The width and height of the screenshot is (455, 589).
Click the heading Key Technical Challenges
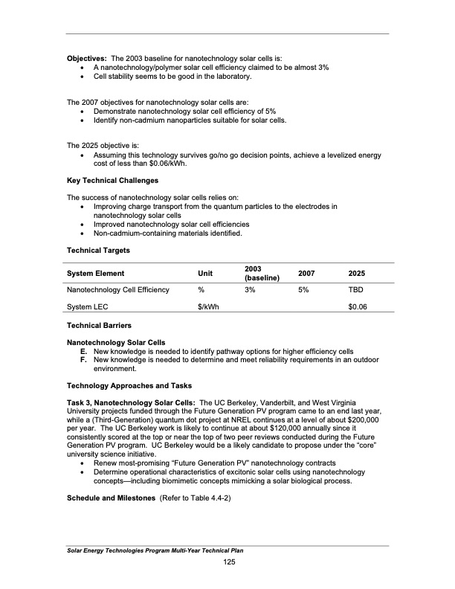(112, 181)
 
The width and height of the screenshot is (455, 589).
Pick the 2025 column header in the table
(358, 274)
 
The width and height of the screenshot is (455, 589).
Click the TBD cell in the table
(356, 289)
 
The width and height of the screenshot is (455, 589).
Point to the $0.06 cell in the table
(358, 307)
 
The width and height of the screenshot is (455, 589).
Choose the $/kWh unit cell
(208, 307)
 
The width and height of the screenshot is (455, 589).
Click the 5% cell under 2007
(303, 289)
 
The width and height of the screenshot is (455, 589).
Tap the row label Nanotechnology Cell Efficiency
(118, 289)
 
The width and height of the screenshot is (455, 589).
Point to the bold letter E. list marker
(84, 351)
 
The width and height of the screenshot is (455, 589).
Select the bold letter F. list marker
(84, 360)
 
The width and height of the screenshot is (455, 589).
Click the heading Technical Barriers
(99, 326)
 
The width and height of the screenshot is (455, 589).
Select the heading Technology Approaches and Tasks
(129, 385)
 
